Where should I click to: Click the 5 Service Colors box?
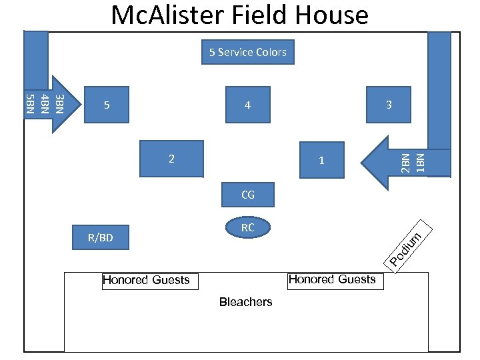[248, 52]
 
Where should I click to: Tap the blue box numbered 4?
[247, 105]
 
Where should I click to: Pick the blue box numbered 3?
[389, 105]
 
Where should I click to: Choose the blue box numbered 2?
[171, 159]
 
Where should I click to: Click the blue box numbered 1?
[321, 160]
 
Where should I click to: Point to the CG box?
[247, 195]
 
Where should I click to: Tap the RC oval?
[247, 227]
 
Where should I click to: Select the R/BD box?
[101, 237]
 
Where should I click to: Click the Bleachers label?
[245, 302]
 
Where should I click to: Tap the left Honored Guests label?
[146, 280]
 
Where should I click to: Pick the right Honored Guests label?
[332, 279]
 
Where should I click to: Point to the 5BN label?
[29, 104]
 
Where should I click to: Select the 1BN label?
[420, 163]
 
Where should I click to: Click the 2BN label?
[405, 163]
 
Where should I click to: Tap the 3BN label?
[59, 104]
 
